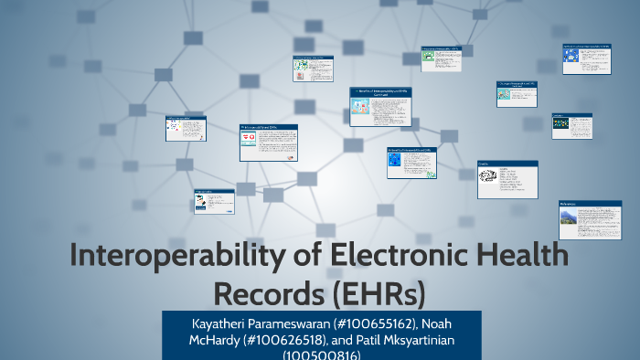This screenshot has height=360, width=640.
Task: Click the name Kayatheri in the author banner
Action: coord(216,324)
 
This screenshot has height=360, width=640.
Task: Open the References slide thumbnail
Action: coord(583,220)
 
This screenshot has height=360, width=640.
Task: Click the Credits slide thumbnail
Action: coord(507,179)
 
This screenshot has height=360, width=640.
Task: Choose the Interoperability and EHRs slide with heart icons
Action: coord(268,142)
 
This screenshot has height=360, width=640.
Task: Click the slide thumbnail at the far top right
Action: coord(586,58)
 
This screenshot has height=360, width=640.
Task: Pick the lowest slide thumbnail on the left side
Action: coord(214,201)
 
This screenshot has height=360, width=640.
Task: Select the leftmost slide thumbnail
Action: coord(185,128)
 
